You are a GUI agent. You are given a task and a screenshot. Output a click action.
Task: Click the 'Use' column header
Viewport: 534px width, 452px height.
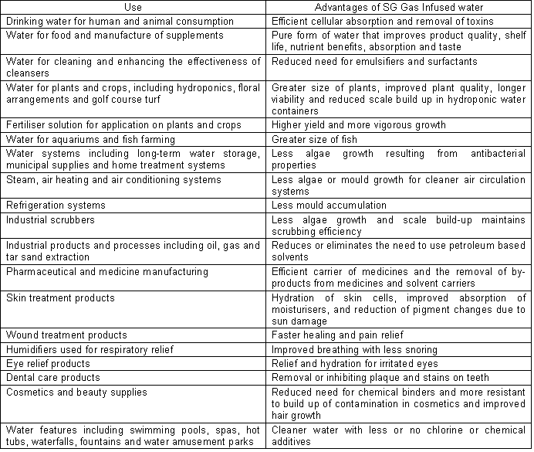point(134,8)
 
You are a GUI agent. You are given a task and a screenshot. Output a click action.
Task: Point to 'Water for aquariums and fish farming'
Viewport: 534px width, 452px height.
point(90,139)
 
